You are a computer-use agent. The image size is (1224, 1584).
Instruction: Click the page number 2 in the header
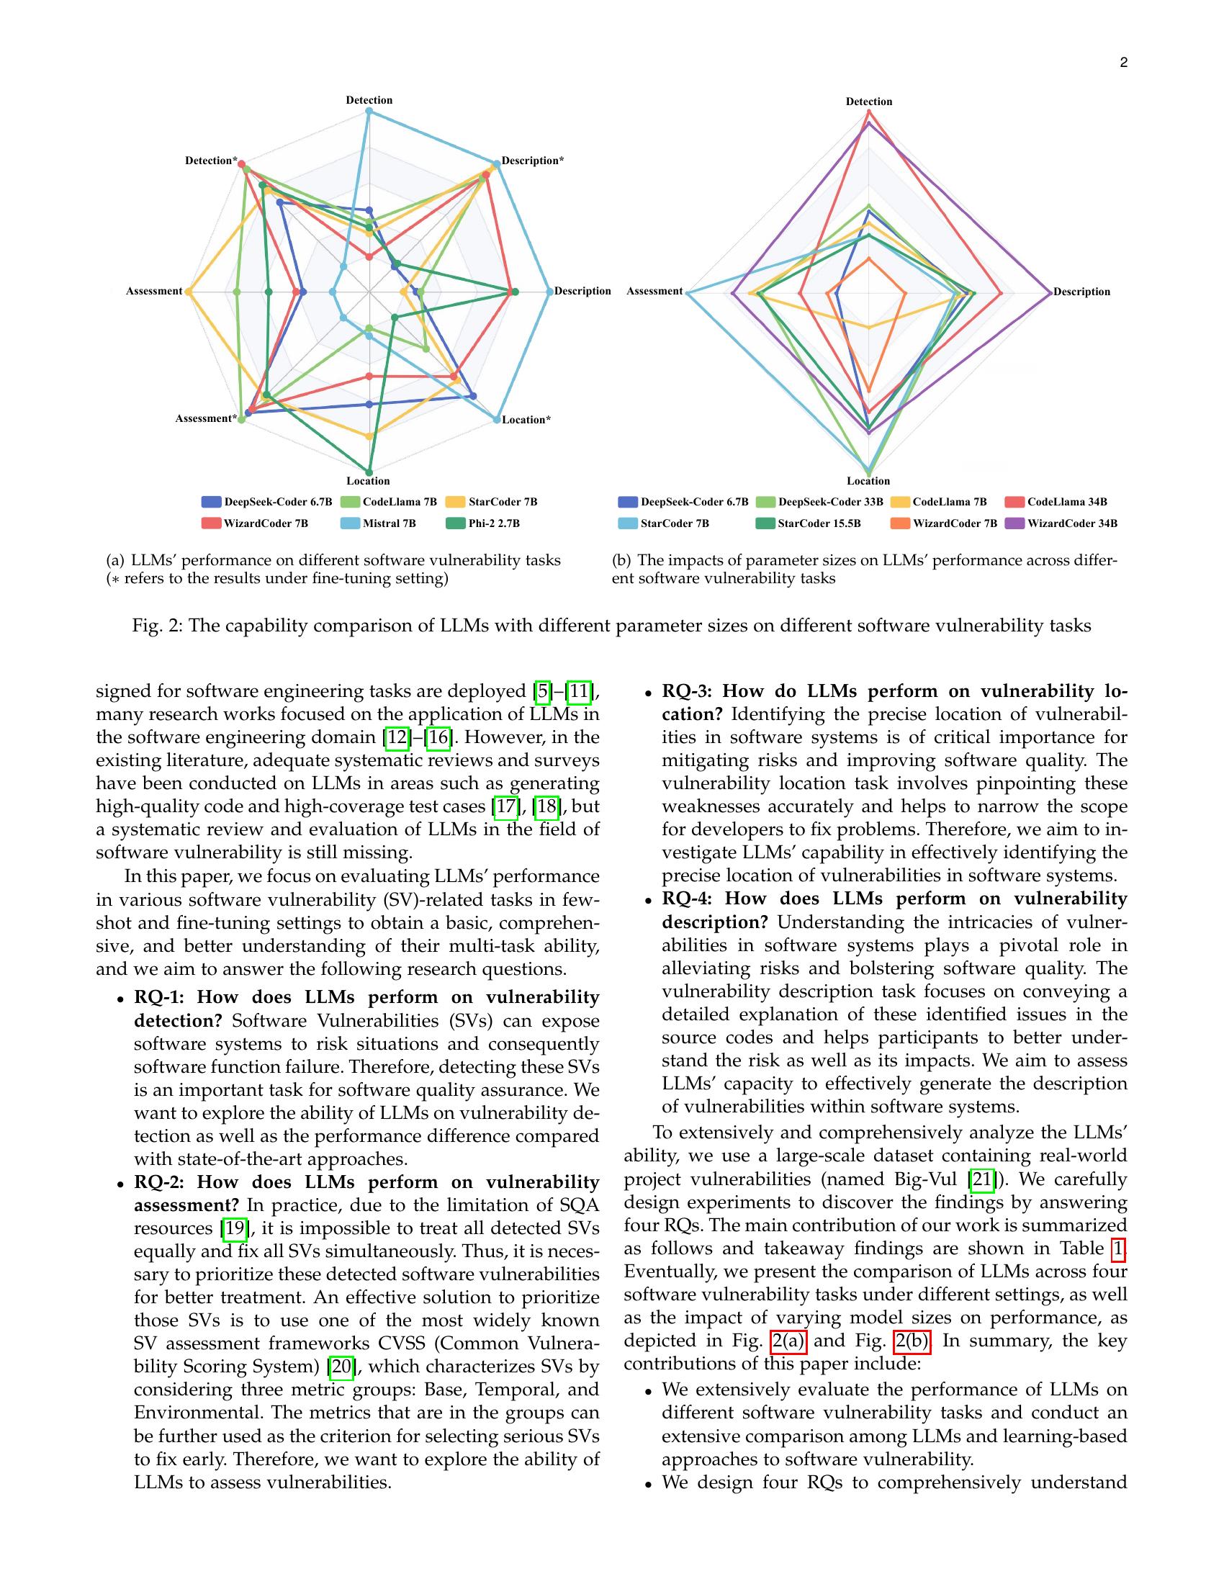(x=1123, y=63)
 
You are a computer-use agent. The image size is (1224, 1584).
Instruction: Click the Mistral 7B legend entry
(x=378, y=523)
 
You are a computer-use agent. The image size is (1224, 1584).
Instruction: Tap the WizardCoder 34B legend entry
(x=1061, y=523)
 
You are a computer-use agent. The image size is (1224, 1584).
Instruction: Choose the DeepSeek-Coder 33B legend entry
(x=819, y=502)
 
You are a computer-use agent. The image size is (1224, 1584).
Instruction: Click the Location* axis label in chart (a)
(x=526, y=420)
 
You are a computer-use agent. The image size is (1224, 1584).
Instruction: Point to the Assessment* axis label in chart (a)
(x=205, y=418)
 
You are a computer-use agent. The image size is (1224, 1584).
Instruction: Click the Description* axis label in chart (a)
(x=533, y=161)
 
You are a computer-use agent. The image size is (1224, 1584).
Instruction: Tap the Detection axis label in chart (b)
(x=869, y=102)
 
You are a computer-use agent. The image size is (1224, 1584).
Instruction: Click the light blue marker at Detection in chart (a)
(x=369, y=112)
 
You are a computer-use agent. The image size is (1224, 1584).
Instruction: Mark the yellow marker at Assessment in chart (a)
(x=189, y=292)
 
